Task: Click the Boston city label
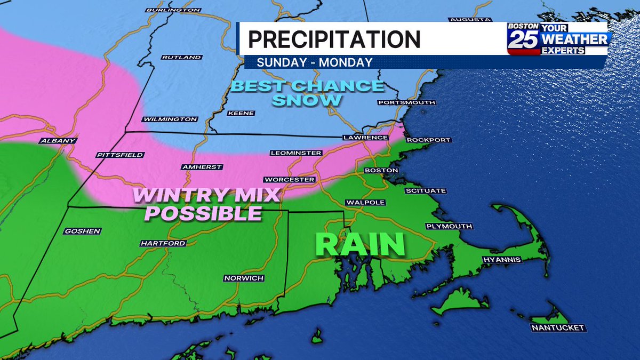(x=381, y=170)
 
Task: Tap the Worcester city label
(x=289, y=180)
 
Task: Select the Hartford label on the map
(x=163, y=243)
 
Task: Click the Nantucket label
(x=558, y=327)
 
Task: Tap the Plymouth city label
(x=449, y=226)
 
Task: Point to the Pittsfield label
(x=120, y=155)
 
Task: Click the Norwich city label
(x=244, y=278)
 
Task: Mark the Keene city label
(x=241, y=113)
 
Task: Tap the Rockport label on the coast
(x=428, y=140)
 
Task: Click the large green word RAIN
(x=360, y=245)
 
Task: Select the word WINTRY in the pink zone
(x=176, y=195)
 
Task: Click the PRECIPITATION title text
(x=334, y=39)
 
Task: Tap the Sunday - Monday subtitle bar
(x=314, y=62)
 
